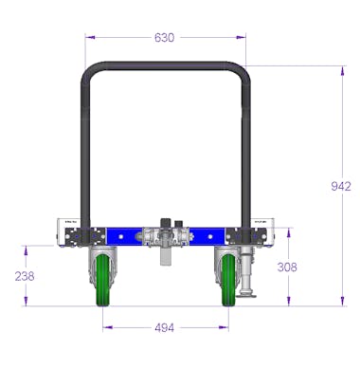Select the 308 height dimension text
[x=286, y=268]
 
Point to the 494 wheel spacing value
[x=165, y=328]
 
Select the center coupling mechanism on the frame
[x=165, y=236]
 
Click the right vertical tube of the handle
[x=245, y=152]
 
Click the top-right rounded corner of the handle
[x=241, y=72]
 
